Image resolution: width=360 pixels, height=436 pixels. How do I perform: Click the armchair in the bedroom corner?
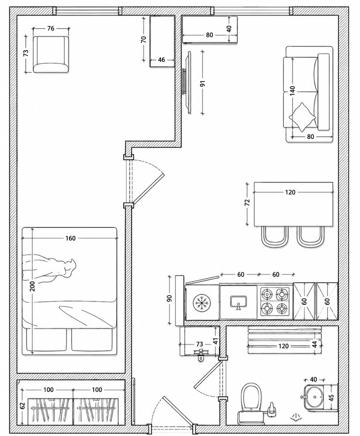(51, 54)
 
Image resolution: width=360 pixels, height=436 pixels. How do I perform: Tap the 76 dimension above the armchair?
(51, 28)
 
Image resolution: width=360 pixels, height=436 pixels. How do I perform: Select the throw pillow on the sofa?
(302, 117)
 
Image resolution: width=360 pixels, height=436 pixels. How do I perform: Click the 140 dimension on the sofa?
(292, 91)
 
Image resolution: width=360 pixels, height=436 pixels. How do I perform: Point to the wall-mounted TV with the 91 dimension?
(187, 83)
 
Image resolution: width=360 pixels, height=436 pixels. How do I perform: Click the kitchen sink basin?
(239, 302)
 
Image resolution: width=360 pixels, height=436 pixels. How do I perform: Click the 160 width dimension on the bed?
(70, 238)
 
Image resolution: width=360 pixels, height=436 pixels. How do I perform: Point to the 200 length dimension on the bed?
(32, 286)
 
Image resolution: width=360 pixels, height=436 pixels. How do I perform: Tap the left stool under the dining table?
(275, 237)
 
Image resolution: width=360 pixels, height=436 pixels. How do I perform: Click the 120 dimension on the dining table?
(290, 192)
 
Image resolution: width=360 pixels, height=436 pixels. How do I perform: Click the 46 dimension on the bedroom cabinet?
(161, 60)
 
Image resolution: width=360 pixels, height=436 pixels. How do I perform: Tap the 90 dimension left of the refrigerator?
(170, 298)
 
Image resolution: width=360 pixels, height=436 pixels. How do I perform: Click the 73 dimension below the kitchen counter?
(200, 345)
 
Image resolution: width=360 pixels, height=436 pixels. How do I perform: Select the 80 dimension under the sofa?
(310, 137)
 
